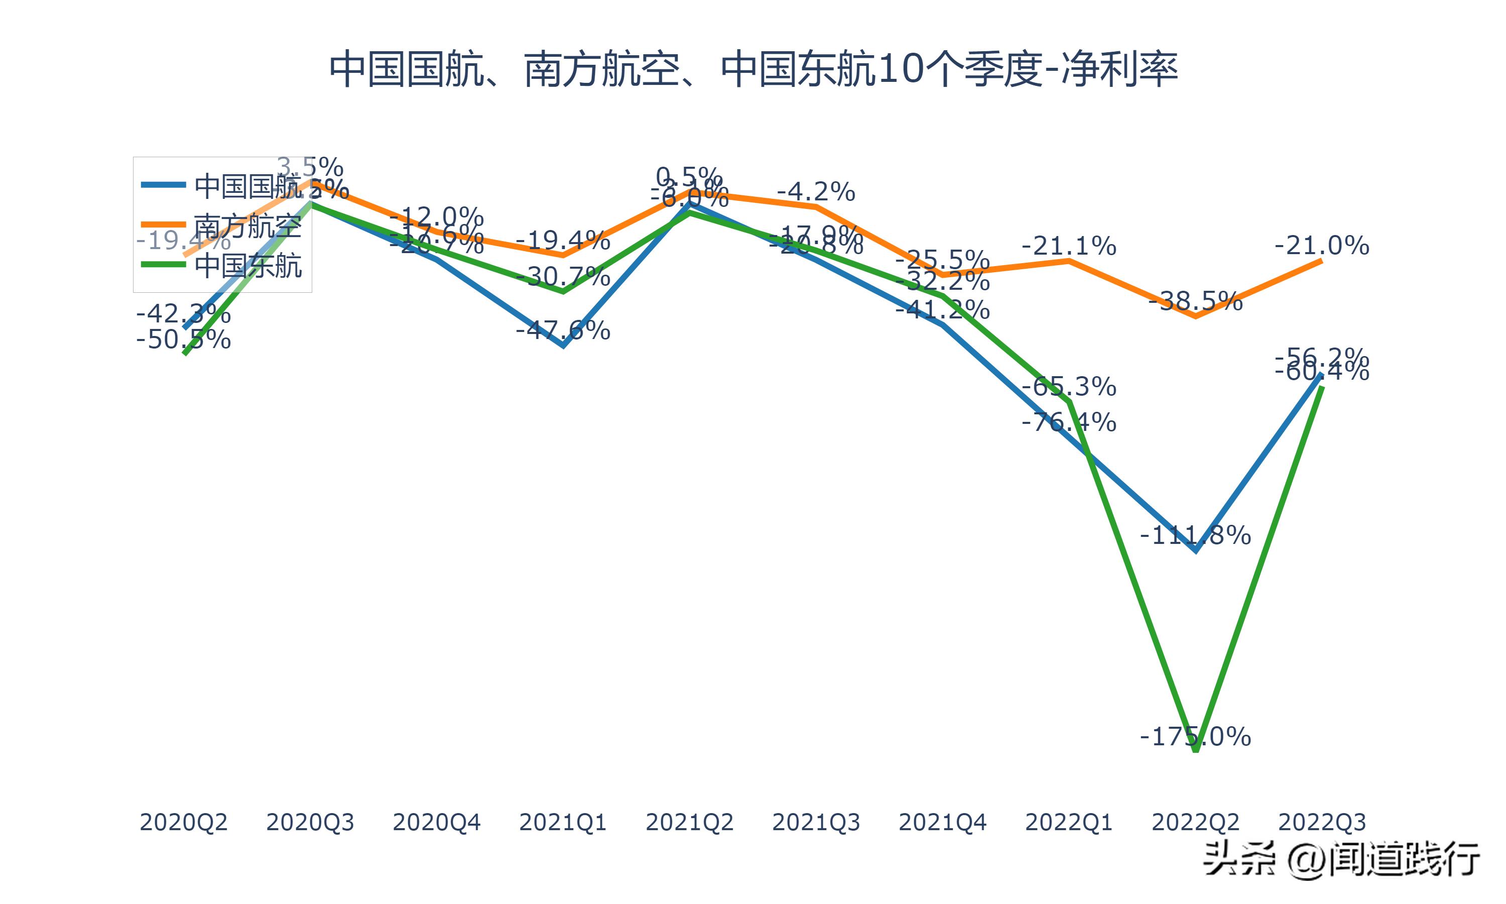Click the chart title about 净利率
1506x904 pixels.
753,69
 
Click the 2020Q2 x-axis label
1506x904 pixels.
183,822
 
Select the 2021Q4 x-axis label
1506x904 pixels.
942,822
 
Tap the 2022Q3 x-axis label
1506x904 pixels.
1322,822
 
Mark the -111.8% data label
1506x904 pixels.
1195,535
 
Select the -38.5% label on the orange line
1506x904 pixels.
1195,301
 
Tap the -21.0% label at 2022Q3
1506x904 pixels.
1322,246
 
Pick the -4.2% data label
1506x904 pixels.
816,192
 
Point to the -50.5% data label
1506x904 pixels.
183,340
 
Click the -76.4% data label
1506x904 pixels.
1069,421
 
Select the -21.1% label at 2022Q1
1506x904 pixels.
1069,246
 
